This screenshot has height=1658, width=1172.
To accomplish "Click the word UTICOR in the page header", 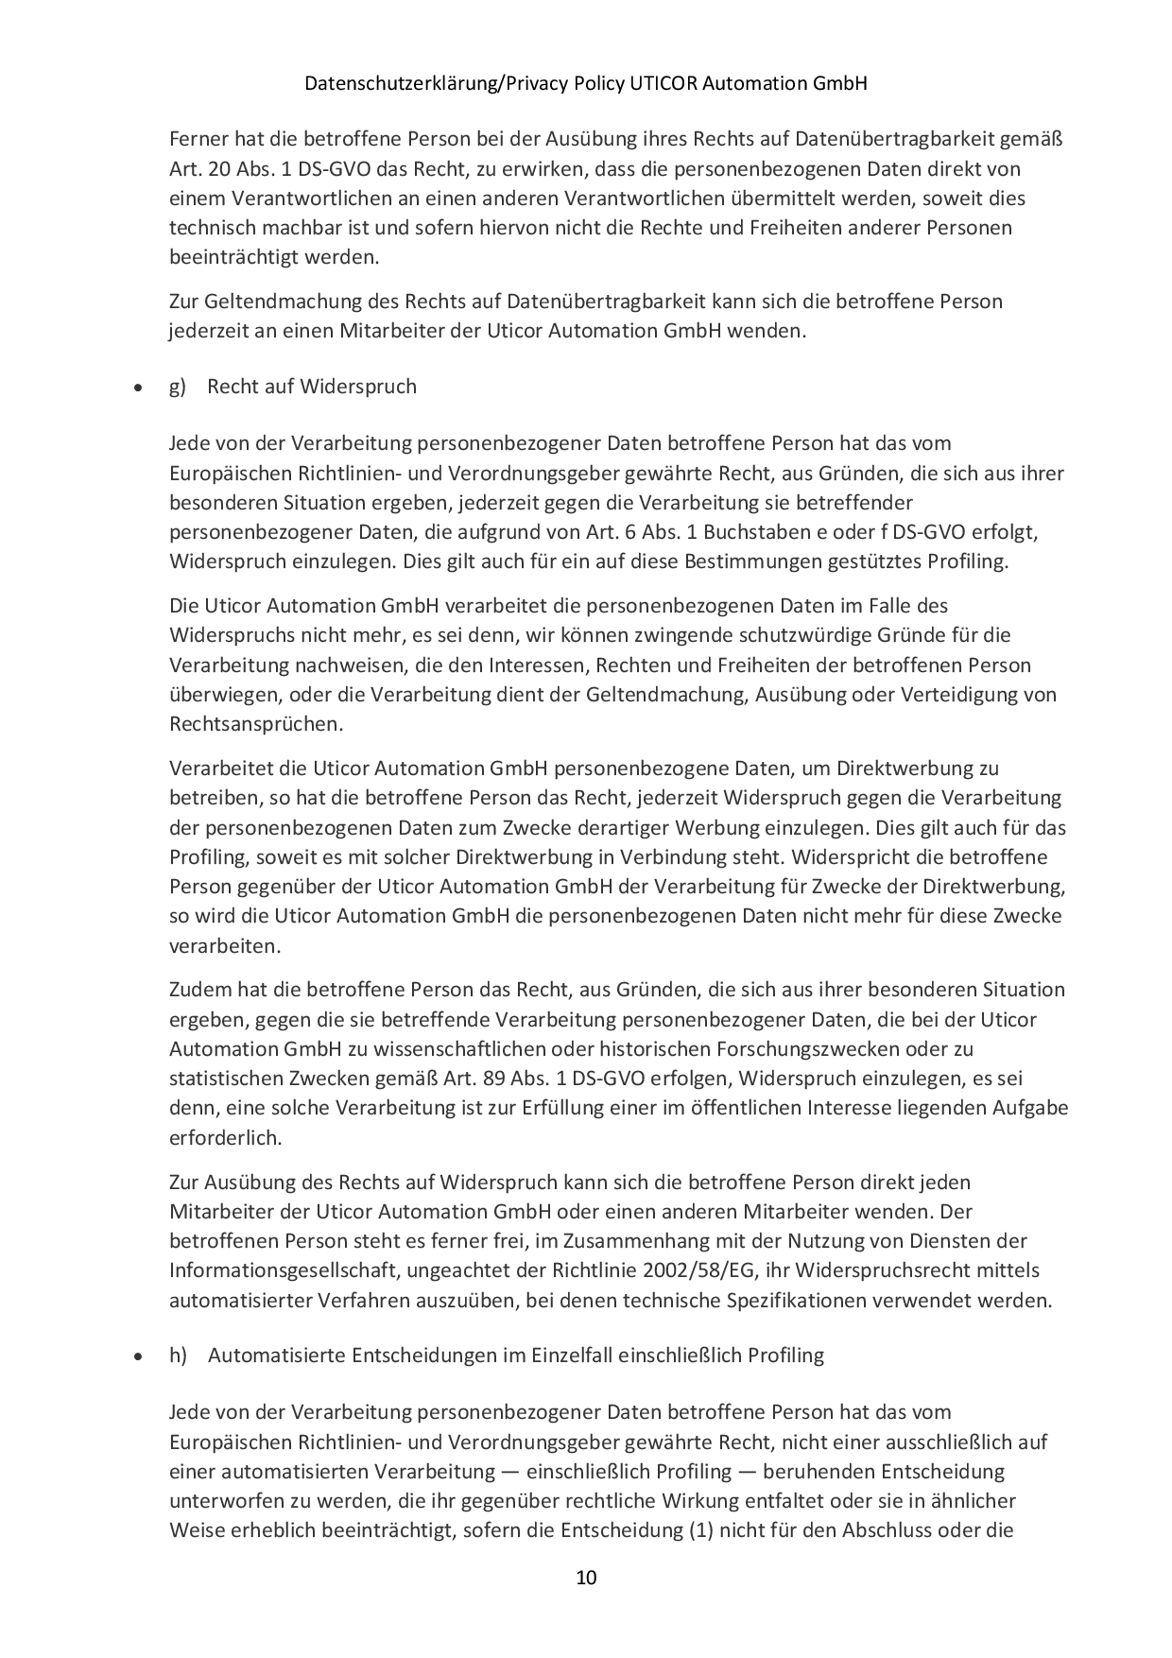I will [663, 83].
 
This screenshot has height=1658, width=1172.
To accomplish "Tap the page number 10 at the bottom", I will [586, 1577].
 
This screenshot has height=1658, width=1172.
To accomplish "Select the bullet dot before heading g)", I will [139, 388].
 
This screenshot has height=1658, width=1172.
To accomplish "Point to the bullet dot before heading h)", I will [139, 1356].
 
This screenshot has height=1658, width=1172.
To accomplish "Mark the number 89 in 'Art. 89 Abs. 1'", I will [508, 1078].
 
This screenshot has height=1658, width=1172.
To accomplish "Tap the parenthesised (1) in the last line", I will [699, 1529].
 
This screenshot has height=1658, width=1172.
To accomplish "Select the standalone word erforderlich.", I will [226, 1137].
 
